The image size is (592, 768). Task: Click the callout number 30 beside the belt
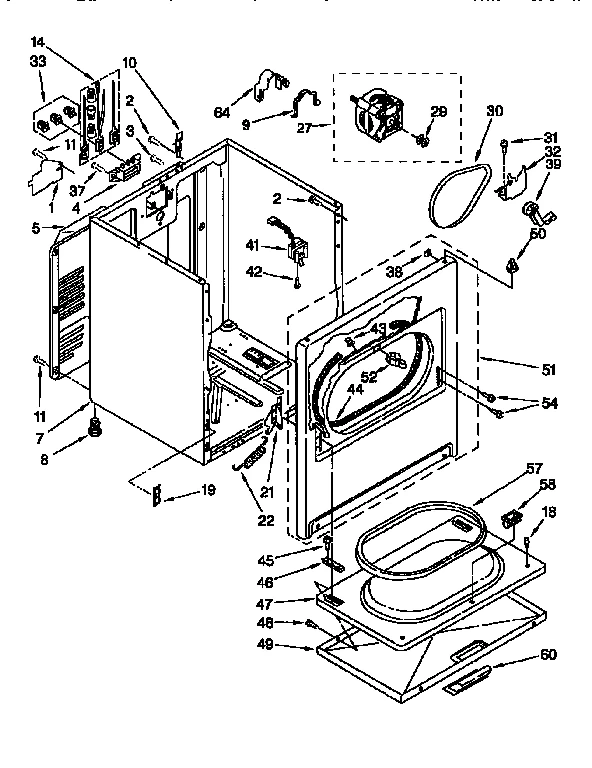coord(494,111)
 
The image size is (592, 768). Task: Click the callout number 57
coord(534,468)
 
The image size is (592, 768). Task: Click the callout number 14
coord(38,44)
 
